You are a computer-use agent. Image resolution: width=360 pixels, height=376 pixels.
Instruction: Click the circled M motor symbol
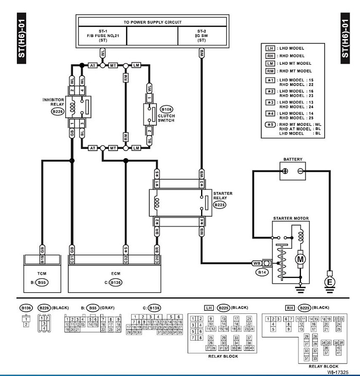[299, 260]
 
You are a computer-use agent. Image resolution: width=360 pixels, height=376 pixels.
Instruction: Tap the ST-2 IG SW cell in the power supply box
[201, 34]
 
